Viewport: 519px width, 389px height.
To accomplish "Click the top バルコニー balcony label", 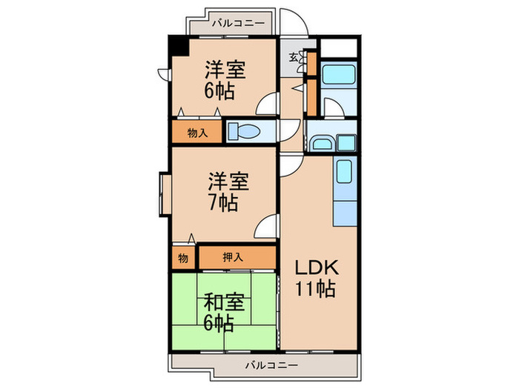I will pos(237,24).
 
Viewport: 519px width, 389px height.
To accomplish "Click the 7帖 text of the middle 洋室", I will pos(223,202).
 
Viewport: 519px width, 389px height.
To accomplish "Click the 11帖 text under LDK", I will pos(317,288).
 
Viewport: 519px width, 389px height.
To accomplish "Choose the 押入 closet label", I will pos(232,258).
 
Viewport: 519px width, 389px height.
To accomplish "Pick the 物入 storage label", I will pos(196,133).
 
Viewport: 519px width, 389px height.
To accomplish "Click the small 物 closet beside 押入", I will pos(183,258).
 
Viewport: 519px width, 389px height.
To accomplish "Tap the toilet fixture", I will pos(242,132).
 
